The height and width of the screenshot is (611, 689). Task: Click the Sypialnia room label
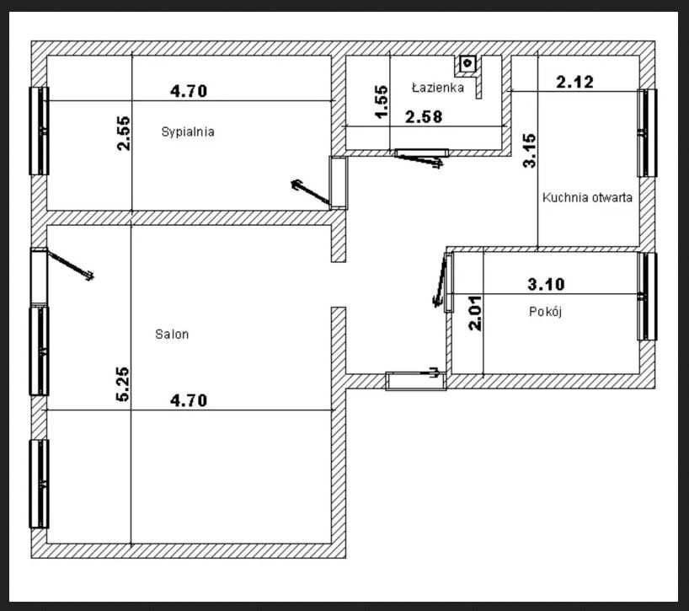[x=188, y=131]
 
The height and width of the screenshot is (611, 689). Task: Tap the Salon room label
[x=172, y=334]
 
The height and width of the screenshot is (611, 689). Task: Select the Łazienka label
[x=438, y=88]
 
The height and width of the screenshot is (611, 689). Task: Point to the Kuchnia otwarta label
[x=587, y=197]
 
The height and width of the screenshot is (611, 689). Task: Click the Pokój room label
[x=545, y=311]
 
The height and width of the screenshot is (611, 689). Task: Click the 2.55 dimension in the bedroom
[x=124, y=133]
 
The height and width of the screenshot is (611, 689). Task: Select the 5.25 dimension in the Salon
[x=123, y=383]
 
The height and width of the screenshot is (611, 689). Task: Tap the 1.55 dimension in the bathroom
[x=381, y=101]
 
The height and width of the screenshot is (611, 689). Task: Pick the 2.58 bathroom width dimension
[x=424, y=117]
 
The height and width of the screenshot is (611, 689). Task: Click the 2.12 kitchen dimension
[x=574, y=82]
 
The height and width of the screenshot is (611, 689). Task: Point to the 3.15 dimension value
[x=530, y=151]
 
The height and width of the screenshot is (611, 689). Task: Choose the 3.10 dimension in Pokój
[x=546, y=284]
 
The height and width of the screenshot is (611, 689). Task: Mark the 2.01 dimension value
[x=475, y=313]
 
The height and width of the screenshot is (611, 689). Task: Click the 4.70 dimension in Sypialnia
[x=189, y=91]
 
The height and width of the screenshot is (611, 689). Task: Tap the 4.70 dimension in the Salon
[x=189, y=400]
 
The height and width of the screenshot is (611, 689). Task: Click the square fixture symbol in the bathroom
[x=467, y=63]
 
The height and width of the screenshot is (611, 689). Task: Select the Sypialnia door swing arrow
[x=310, y=191]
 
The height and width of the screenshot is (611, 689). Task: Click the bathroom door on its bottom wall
[x=421, y=153]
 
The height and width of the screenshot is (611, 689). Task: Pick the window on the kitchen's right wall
[x=647, y=133]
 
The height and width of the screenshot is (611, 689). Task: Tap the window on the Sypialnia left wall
[x=39, y=131]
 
